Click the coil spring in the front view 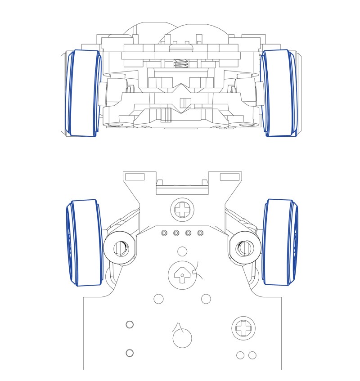point(180,64)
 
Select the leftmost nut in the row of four point(164,233)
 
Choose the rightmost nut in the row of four point(201,233)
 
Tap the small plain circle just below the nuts point(182,251)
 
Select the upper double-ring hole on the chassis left point(130,325)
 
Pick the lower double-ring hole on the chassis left point(130,353)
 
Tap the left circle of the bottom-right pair point(240,355)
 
